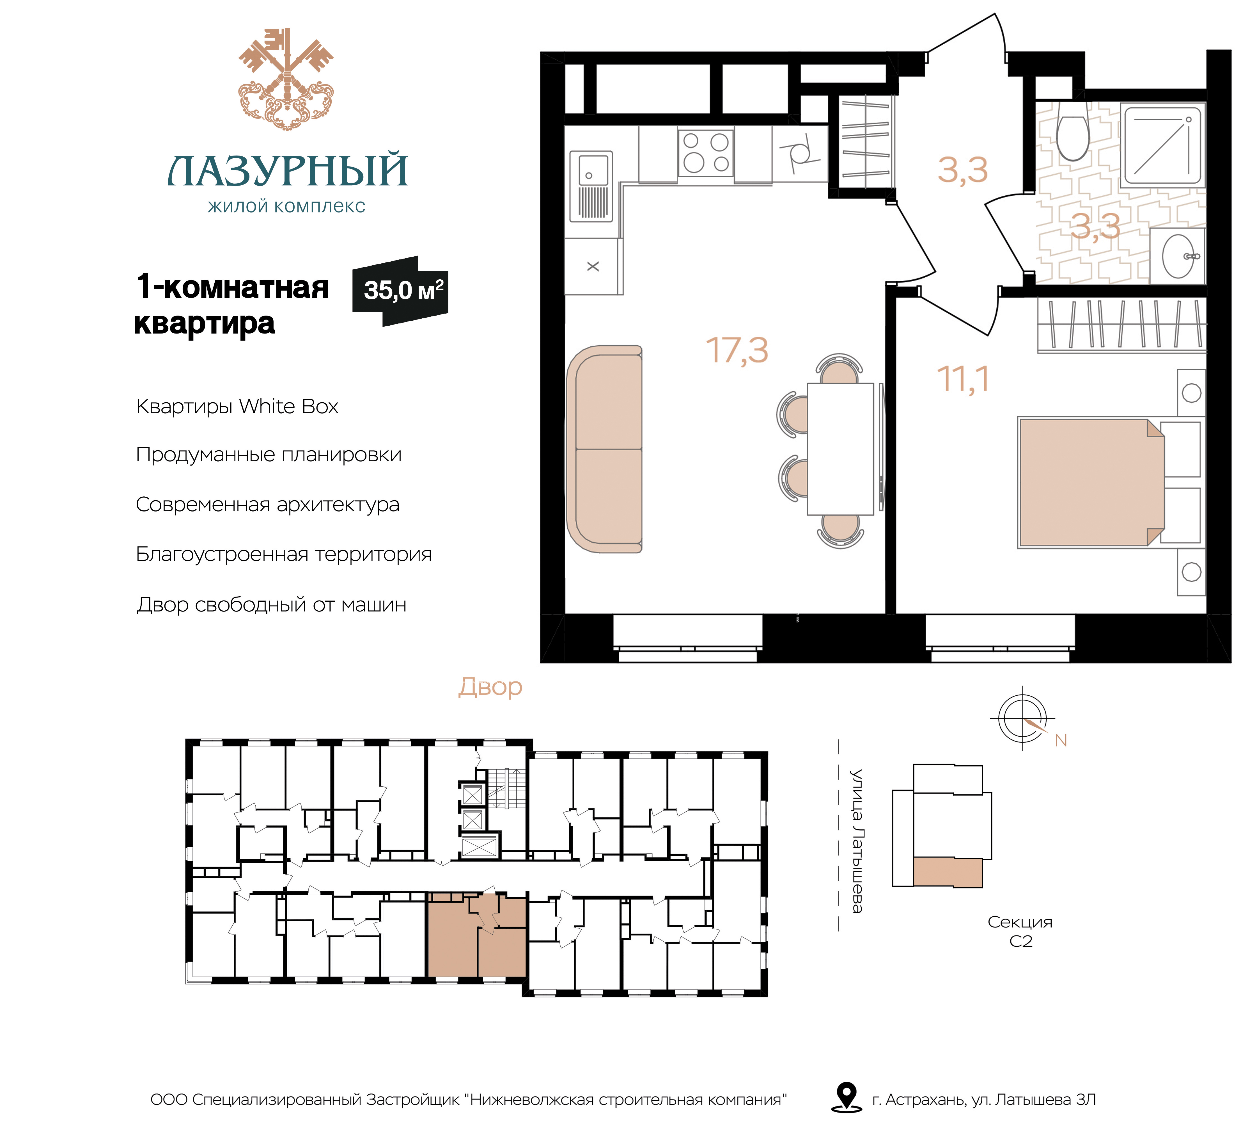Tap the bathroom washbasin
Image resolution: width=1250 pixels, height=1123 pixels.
(x=1178, y=255)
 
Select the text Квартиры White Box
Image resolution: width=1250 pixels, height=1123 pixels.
(x=237, y=407)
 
